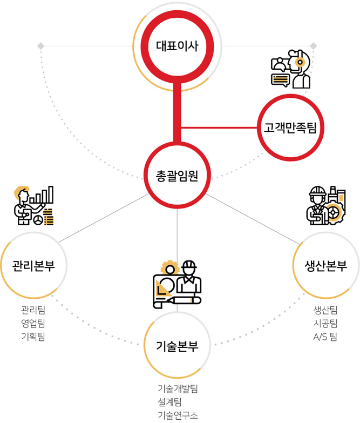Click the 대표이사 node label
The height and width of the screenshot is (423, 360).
(177, 46)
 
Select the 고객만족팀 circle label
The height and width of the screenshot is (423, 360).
(290, 127)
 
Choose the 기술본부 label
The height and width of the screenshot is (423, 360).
(177, 346)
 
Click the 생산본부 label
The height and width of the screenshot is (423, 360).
(325, 266)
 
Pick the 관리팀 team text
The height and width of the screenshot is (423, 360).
(33, 310)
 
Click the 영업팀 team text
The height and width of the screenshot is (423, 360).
(33, 323)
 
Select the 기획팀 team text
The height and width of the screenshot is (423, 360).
(33, 336)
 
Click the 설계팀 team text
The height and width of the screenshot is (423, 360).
(169, 402)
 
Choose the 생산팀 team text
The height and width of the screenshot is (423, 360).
(325, 310)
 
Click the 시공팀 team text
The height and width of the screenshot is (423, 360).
(325, 323)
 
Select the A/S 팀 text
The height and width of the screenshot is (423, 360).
(325, 337)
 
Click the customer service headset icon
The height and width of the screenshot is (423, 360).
(291, 69)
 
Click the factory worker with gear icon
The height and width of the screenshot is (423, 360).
(326, 206)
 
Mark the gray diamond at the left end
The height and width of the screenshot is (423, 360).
(40, 46)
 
